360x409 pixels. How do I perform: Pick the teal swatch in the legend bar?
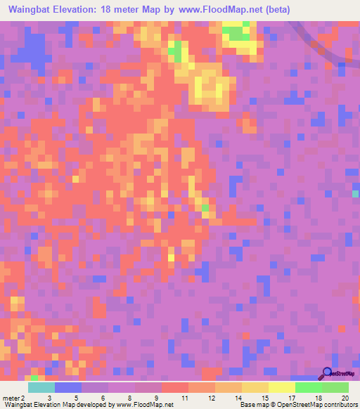(x=41, y=387)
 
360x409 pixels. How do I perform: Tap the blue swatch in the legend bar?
(x=67, y=387)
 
